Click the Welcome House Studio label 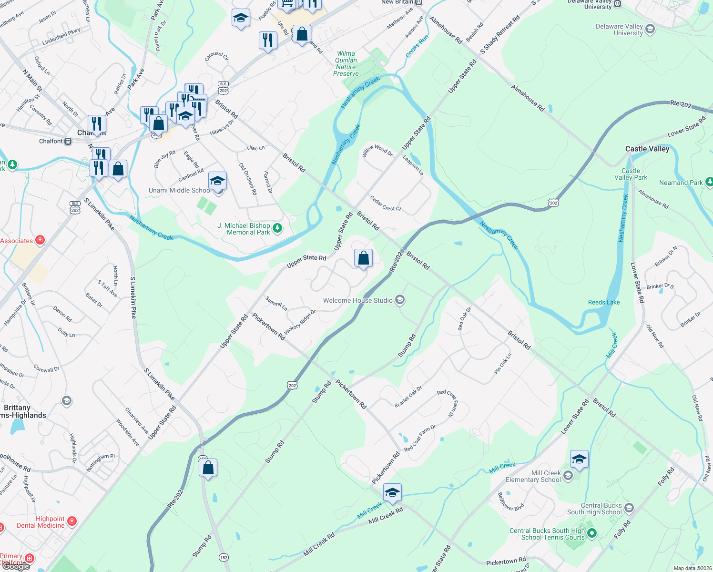[357, 300]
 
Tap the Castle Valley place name [647, 149]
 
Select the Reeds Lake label [603, 302]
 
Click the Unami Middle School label [180, 190]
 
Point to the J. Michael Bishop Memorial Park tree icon [277, 228]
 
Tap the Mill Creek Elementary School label [533, 476]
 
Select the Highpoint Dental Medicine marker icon [72, 521]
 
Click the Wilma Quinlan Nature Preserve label [346, 63]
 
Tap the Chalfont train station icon [68, 141]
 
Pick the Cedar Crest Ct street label [386, 204]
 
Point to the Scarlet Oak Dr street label [408, 397]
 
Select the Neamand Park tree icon [709, 182]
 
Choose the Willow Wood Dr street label [377, 150]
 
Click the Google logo [16, 566]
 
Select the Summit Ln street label [276, 303]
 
